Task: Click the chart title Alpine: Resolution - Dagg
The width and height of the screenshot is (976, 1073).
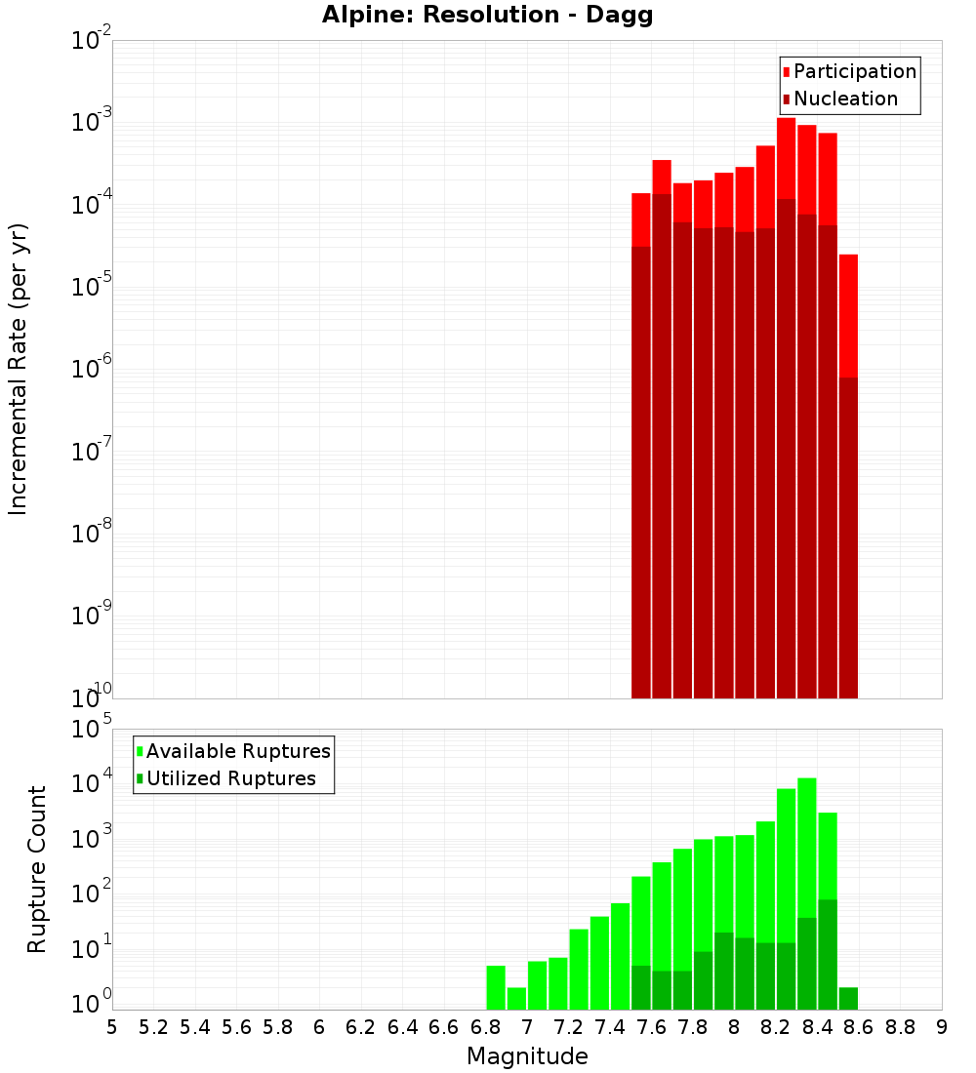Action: pos(487,16)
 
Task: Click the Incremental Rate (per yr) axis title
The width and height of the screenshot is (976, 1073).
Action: pos(18,369)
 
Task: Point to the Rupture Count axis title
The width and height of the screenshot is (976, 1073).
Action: pos(37,869)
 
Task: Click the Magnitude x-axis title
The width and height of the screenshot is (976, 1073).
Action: pos(527,1056)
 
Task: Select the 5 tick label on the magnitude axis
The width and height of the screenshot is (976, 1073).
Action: pos(112,1027)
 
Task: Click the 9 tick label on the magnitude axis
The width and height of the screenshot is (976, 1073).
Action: pos(942,1027)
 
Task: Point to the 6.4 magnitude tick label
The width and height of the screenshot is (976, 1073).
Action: pos(402,1027)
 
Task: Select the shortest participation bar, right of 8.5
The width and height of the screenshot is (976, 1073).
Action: pos(848,312)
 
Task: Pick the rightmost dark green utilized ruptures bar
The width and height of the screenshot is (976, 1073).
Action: pos(848,998)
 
